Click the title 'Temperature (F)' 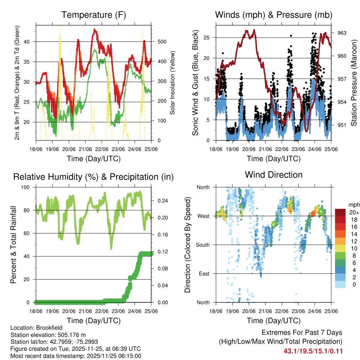(94, 15)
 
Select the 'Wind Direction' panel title (274, 174)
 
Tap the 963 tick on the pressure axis (342, 33)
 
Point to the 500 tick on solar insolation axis (161, 41)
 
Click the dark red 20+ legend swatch (340, 213)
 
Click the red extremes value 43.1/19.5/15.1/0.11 (313, 351)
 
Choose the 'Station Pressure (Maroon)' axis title (354, 82)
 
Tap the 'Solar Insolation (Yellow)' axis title (172, 83)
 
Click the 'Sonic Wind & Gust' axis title (195, 83)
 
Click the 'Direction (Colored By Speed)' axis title (187, 245)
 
